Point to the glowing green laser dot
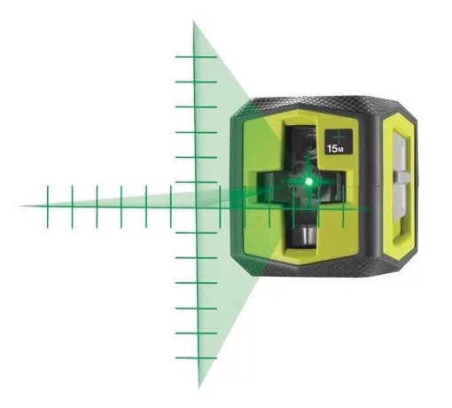tap(308, 181)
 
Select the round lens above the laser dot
tap(305, 142)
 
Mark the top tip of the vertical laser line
tap(194, 22)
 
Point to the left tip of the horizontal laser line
tap(19, 206)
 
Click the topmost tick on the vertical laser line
tap(194, 57)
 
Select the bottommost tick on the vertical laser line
tap(196, 357)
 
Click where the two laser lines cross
tap(195, 207)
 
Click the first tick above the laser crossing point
tap(195, 182)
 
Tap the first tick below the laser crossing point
tap(195, 232)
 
